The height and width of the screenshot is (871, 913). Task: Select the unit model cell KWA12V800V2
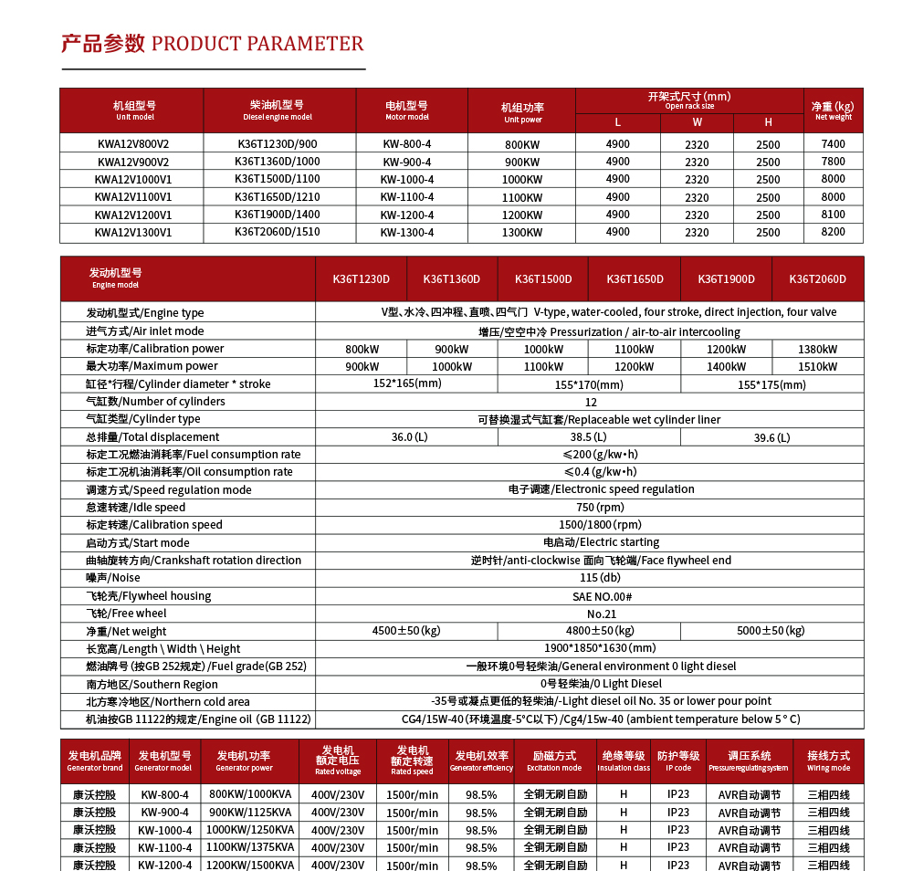click(x=133, y=144)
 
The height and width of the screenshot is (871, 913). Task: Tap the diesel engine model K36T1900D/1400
click(x=277, y=215)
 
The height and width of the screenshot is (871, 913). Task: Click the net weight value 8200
click(x=833, y=233)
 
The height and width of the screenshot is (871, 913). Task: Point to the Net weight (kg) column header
click(x=833, y=110)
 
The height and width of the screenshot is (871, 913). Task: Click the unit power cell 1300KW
click(x=522, y=233)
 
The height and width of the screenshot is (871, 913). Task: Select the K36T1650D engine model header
click(x=635, y=279)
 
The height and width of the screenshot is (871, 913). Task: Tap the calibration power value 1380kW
click(x=817, y=349)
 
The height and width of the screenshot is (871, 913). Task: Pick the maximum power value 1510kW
click(x=817, y=367)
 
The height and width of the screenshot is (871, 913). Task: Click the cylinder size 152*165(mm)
click(x=407, y=383)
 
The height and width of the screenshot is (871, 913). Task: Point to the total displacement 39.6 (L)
click(x=771, y=437)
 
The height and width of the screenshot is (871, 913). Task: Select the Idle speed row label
click(x=136, y=508)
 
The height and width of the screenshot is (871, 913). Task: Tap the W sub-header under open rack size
click(x=697, y=122)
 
